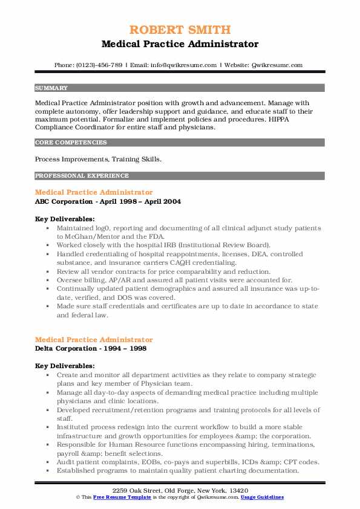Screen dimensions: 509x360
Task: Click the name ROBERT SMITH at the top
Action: click(180, 30)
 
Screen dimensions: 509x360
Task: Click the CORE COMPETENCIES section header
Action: click(71, 143)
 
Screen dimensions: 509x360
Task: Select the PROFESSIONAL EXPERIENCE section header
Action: click(82, 176)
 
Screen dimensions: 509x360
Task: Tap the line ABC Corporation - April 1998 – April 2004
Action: click(108, 201)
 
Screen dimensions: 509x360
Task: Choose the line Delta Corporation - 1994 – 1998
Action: click(90, 349)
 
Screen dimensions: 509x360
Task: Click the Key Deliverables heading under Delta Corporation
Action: click(65, 366)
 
